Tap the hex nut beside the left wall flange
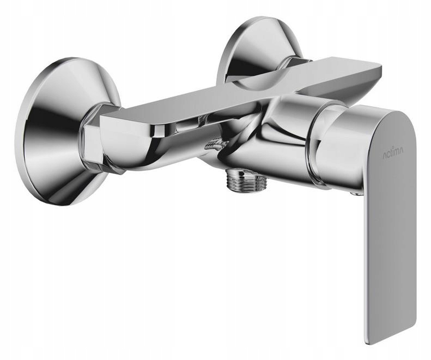94,137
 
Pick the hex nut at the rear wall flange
299,62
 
